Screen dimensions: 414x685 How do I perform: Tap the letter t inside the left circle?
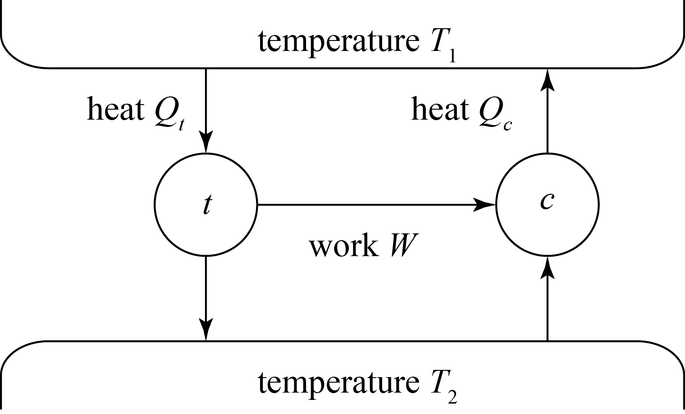(207, 206)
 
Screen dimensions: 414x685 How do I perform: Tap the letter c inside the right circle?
(547, 201)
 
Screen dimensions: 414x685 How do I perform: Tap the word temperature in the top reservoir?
(338, 41)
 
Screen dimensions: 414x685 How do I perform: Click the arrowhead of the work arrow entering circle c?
(484, 205)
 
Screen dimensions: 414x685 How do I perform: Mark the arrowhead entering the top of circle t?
(206, 143)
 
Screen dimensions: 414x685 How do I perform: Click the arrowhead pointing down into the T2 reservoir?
(206, 329)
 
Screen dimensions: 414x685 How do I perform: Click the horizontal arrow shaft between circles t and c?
(364, 205)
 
